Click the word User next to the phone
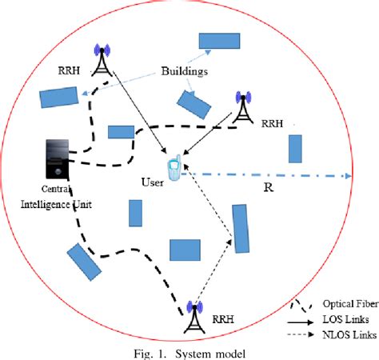(151, 182)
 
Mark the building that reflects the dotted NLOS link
(240, 228)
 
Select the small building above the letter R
(295, 149)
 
